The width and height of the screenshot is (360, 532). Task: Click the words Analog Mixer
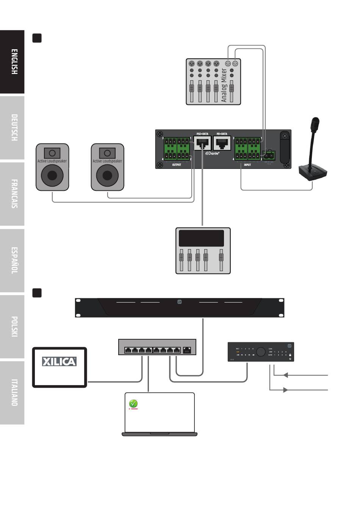point(224,85)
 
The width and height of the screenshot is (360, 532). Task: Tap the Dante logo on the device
point(212,153)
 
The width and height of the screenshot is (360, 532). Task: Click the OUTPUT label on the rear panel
point(177,165)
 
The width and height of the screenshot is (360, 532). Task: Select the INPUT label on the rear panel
point(247,165)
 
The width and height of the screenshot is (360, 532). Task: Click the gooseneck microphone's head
point(315,124)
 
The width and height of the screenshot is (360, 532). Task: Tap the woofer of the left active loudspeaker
point(52,175)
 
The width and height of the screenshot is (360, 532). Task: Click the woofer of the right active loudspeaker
point(108,175)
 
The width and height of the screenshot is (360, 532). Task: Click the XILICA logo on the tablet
point(59,362)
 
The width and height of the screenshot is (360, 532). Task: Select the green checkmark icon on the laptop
point(133,404)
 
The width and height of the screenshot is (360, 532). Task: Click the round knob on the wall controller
point(261,352)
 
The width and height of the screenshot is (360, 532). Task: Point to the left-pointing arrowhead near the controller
point(286,375)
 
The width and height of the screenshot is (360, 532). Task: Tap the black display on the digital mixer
point(201,238)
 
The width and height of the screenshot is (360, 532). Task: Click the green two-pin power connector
point(269,155)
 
